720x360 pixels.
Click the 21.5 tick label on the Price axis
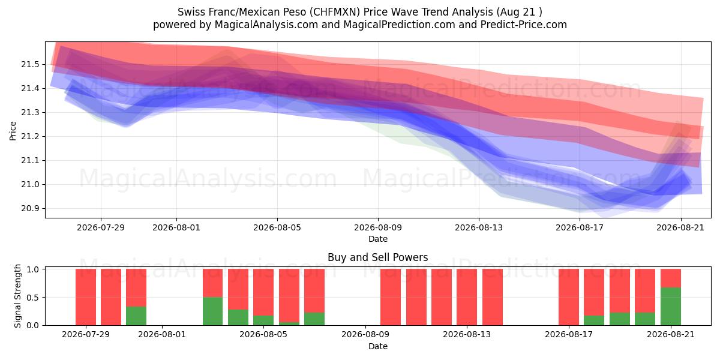click(x=30, y=65)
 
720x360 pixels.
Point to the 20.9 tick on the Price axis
click(x=30, y=209)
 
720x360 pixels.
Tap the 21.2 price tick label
click(x=30, y=137)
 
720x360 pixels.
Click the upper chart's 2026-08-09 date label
click(x=378, y=227)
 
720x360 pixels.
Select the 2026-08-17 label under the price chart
click(x=580, y=227)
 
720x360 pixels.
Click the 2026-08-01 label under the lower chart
click(x=162, y=335)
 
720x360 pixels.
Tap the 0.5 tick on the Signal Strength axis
click(x=33, y=298)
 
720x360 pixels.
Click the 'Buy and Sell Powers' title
click(x=377, y=257)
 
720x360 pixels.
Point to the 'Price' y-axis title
click(x=13, y=131)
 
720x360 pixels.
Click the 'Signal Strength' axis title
click(x=17, y=296)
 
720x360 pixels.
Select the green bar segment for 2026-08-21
click(x=671, y=307)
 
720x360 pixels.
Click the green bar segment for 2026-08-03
click(x=212, y=311)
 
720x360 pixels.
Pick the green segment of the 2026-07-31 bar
click(x=136, y=316)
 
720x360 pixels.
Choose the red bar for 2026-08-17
click(x=569, y=297)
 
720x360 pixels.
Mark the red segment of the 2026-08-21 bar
click(x=671, y=278)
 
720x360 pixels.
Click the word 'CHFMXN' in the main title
click(x=336, y=12)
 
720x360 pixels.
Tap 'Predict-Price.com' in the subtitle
click(x=524, y=25)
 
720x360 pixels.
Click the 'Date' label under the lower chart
click(x=377, y=346)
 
